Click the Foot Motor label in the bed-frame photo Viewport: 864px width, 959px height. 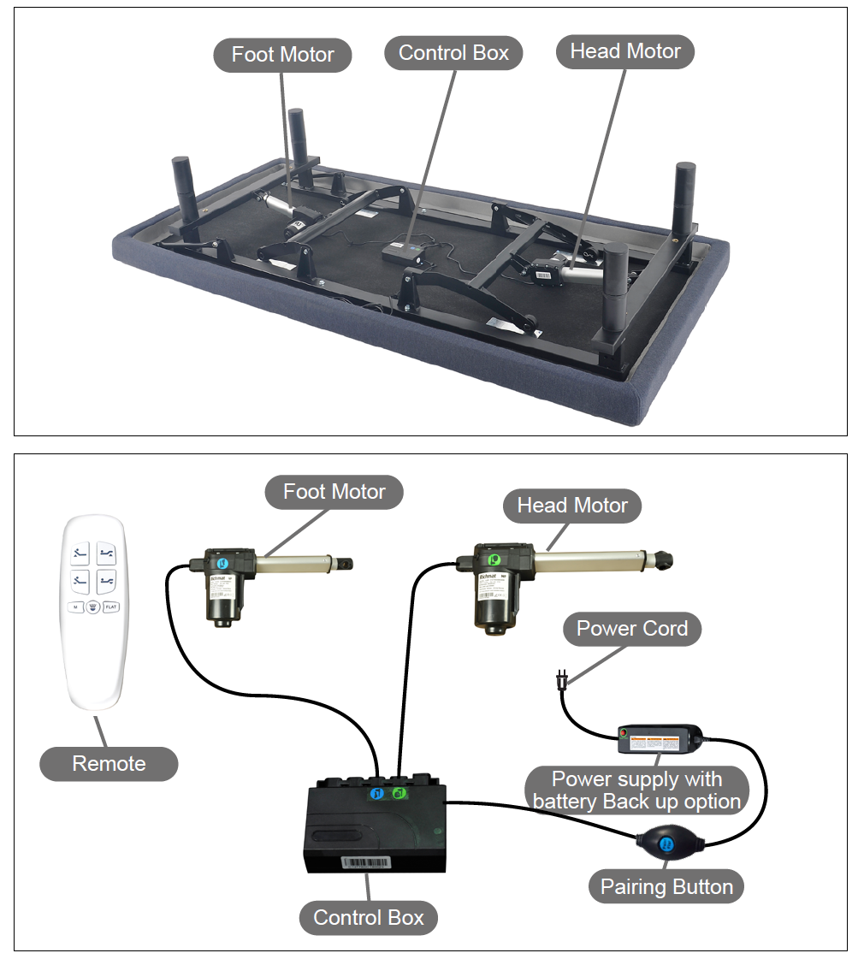[x=282, y=55]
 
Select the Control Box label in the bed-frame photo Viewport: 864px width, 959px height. [x=453, y=53]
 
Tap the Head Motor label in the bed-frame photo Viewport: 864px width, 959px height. [x=625, y=51]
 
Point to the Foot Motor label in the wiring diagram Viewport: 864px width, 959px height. [x=334, y=492]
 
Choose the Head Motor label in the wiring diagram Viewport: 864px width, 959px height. [x=572, y=506]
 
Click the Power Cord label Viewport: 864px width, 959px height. [x=632, y=629]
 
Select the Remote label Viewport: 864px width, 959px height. [x=109, y=764]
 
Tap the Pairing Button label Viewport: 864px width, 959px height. [x=666, y=886]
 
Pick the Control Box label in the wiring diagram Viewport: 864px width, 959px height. [x=369, y=918]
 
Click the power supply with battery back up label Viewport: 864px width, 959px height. [x=636, y=790]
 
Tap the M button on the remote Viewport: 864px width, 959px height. [x=75, y=607]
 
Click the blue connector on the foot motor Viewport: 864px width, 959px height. [x=221, y=564]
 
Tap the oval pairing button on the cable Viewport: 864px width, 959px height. [x=667, y=844]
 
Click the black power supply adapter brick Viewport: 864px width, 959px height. [x=660, y=738]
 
